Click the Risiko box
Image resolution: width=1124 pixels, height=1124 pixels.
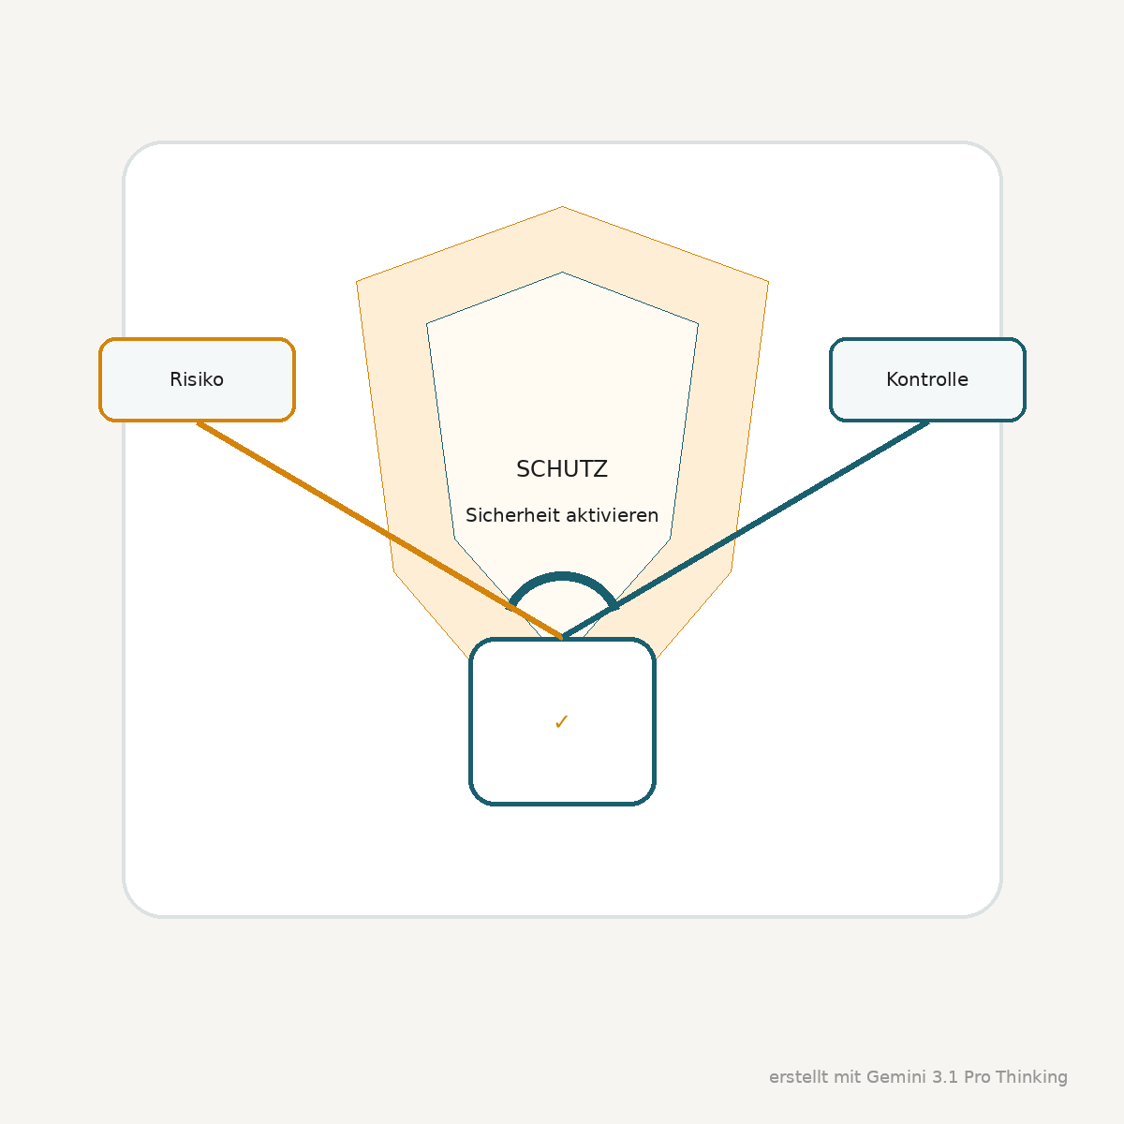197,379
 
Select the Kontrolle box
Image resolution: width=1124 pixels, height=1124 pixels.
927,379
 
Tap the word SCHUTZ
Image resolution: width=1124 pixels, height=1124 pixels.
562,469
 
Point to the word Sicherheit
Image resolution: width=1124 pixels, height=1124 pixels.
512,515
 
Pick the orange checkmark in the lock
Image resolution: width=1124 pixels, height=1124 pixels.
561,722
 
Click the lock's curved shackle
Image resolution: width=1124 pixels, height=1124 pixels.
562,576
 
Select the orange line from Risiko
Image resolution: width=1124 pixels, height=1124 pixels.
379,530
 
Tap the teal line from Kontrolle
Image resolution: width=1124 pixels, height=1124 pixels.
746,529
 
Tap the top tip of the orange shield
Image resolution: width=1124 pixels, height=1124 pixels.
562,206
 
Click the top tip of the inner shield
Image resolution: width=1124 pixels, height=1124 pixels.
562,273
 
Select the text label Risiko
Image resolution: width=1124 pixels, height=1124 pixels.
197,379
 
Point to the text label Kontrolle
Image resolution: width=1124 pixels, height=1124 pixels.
927,379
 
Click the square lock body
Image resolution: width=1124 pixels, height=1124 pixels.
562,721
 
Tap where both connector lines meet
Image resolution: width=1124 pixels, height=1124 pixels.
562,638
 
